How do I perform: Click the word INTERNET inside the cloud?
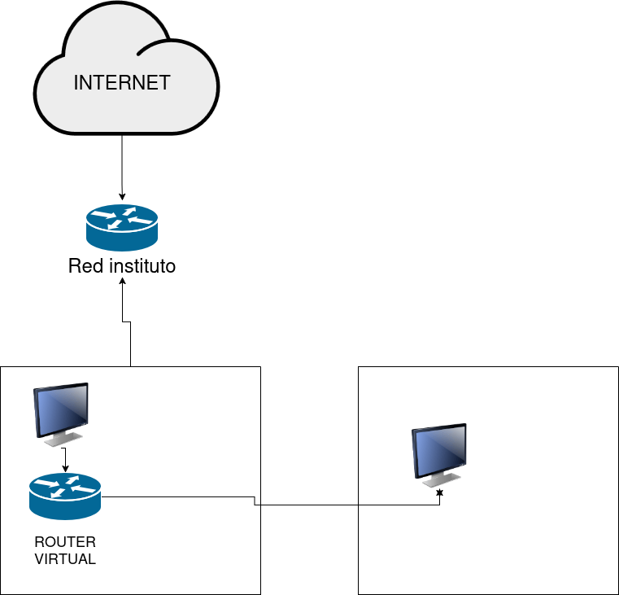pyautogui.click(x=122, y=82)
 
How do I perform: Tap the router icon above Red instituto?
pyautogui.click(x=122, y=227)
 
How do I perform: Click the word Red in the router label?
pyautogui.click(x=85, y=266)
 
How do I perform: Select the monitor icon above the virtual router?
pyautogui.click(x=61, y=411)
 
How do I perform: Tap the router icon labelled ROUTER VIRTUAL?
pyautogui.click(x=65, y=496)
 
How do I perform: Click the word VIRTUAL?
pyautogui.click(x=65, y=559)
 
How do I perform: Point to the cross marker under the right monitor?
pyautogui.click(x=440, y=493)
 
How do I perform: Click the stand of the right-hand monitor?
pyautogui.click(x=440, y=482)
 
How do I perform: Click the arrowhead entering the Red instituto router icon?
pyautogui.click(x=122, y=198)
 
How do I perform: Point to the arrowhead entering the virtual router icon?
pyautogui.click(x=65, y=470)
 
